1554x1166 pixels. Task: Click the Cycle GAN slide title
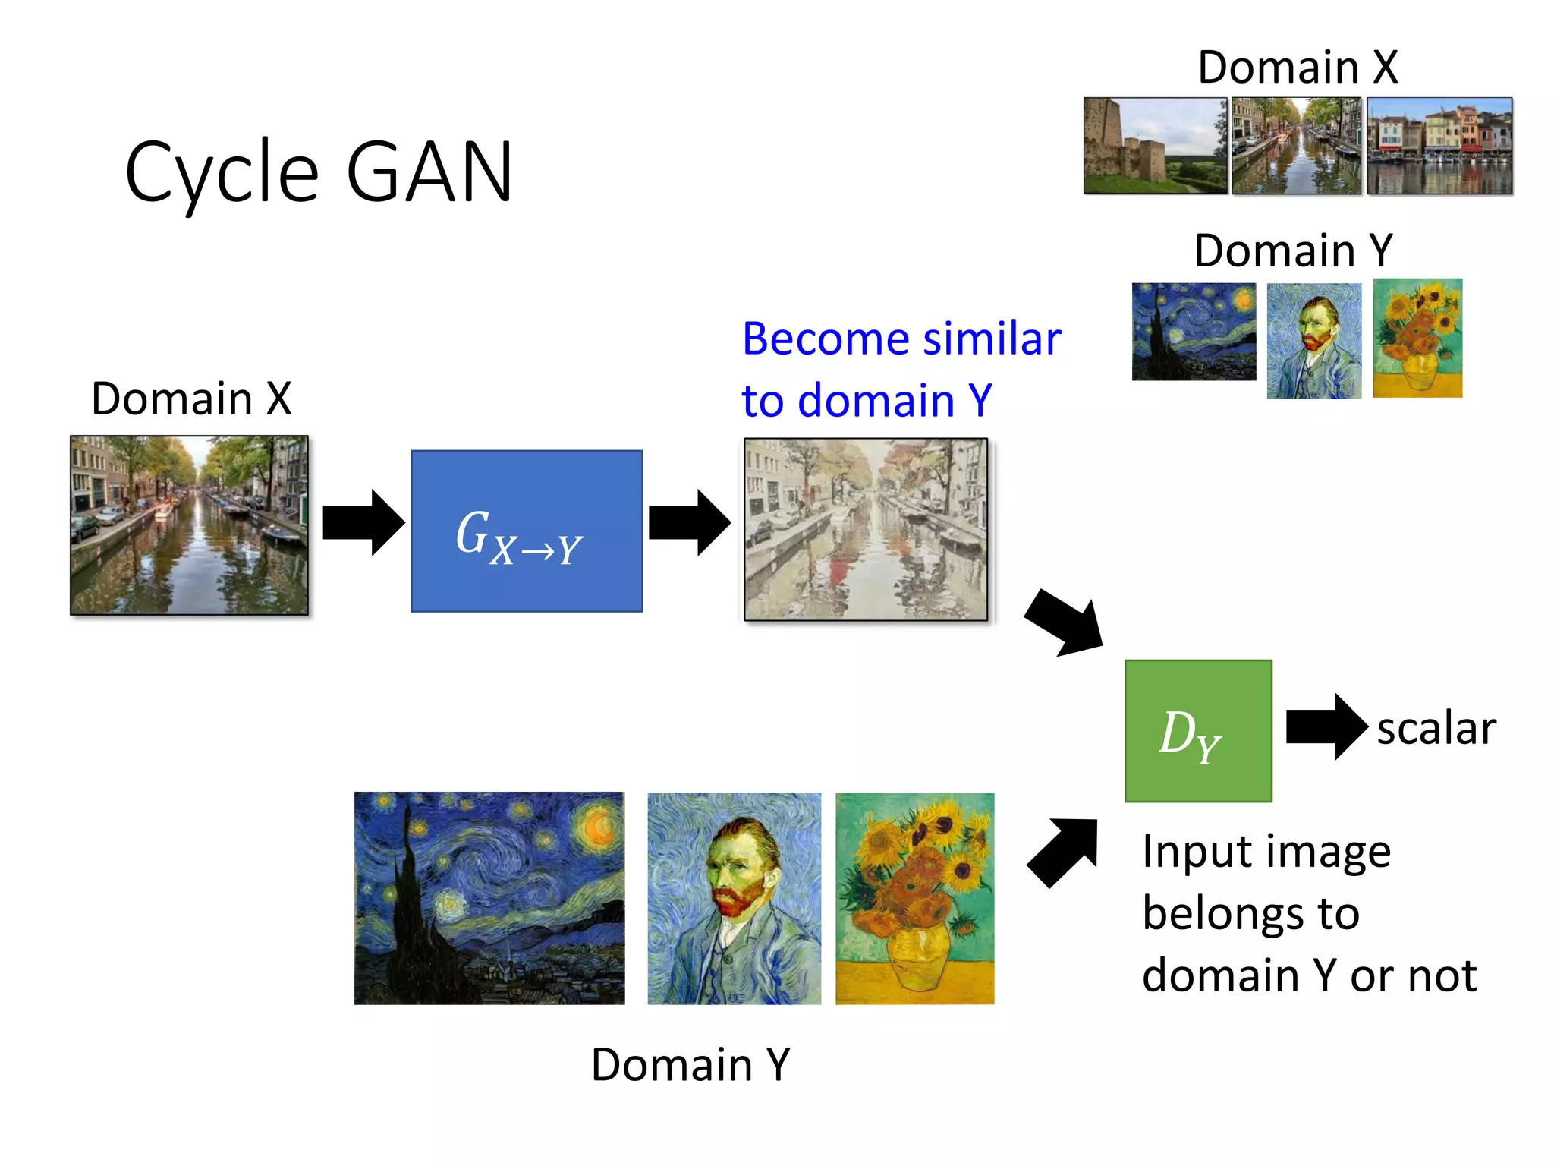pos(319,173)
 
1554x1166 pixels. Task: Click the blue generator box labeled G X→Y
pos(527,531)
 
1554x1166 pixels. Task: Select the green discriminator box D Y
pos(1197,730)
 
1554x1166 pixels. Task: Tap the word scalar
pos(1436,728)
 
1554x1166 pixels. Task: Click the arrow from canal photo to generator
pos(363,523)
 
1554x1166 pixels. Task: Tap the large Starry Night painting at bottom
pos(489,898)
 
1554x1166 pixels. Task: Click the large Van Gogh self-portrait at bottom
pos(734,898)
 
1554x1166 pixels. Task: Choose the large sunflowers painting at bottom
pos(914,898)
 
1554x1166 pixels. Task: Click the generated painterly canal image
pos(866,529)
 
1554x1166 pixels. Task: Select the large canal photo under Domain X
pos(189,525)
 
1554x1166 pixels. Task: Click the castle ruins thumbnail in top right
pos(1154,145)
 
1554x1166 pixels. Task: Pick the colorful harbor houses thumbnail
pos(1439,145)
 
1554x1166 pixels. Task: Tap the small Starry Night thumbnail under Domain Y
pos(1193,332)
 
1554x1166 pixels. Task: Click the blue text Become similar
pos(901,339)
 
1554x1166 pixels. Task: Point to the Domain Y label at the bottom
pos(690,1064)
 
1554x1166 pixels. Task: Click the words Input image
pos(1266,852)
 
